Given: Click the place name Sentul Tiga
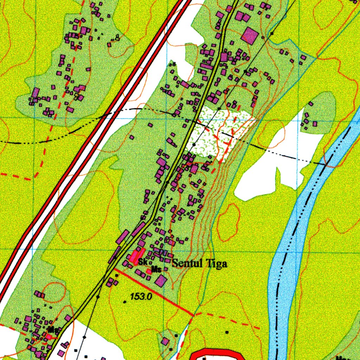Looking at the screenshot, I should pyautogui.click(x=199, y=263).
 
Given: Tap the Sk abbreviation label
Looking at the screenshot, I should pyautogui.click(x=142, y=262).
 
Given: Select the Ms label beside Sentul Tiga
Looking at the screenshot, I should pyautogui.click(x=156, y=270).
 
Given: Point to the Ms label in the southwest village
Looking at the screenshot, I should pyautogui.click(x=53, y=330).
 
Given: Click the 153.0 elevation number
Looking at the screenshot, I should pyautogui.click(x=141, y=297).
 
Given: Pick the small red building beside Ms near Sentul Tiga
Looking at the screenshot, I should pyautogui.click(x=149, y=271).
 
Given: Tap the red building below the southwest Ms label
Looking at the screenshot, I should pyautogui.click(x=49, y=336).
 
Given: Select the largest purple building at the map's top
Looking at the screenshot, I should pyautogui.click(x=250, y=36).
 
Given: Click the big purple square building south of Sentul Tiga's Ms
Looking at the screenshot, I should pyautogui.click(x=161, y=281).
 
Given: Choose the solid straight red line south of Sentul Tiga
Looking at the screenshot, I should pyautogui.click(x=155, y=292).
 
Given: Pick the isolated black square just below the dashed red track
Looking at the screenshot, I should pyautogui.click(x=227, y=332).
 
